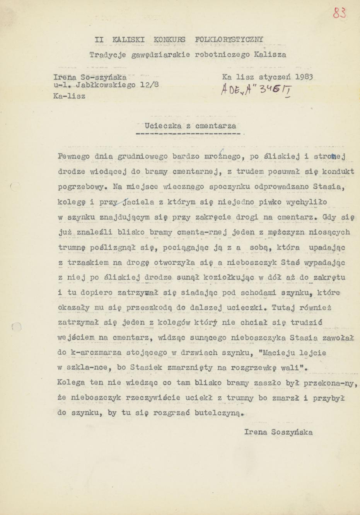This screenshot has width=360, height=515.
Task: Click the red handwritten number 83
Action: pos(339,13)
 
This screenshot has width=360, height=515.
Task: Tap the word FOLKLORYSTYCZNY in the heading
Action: pos(229,39)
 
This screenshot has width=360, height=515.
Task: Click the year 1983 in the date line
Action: pos(304,76)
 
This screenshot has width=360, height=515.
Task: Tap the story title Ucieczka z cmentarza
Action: pos(190,125)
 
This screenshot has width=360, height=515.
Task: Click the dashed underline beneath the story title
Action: pos(190,134)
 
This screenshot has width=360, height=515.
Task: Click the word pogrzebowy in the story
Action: pos(80,187)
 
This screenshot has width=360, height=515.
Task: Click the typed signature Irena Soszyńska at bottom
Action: pos(278,432)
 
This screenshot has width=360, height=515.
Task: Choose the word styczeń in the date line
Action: pos(276,76)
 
